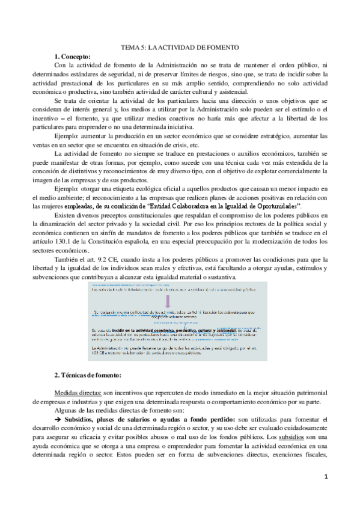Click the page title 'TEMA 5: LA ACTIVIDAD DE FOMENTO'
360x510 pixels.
pyautogui.click(x=180, y=47)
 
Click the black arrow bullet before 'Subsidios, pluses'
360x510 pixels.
pyautogui.click(x=58, y=419)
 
